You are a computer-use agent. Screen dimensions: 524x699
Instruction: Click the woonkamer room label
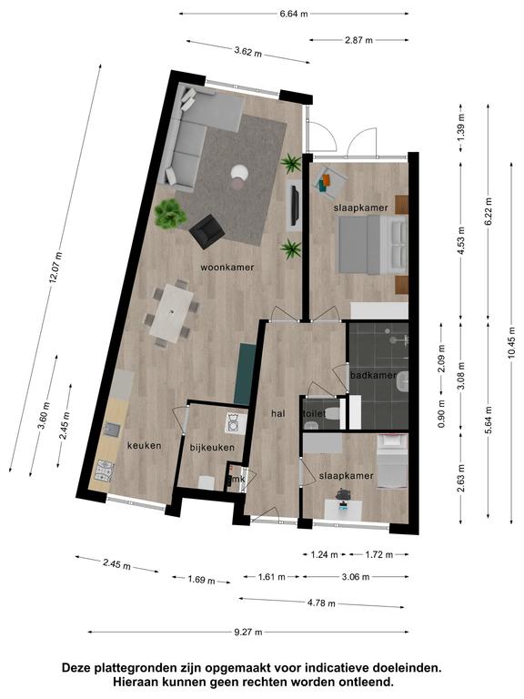[x=227, y=268]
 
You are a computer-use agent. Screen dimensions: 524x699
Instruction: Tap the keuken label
[x=145, y=445]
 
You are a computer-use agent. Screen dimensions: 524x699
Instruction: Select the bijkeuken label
[x=212, y=448]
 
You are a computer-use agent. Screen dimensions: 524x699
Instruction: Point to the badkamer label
[x=373, y=375]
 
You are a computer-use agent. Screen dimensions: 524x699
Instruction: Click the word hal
[x=278, y=414]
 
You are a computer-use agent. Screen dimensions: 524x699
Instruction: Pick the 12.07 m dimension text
[x=55, y=268]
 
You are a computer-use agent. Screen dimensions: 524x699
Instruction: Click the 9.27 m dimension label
[x=248, y=632]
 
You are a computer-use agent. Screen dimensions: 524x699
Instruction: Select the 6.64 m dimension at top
[x=294, y=14]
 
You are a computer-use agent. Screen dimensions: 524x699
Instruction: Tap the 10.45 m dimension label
[x=512, y=343]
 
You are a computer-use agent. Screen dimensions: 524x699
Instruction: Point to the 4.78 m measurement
[x=321, y=603]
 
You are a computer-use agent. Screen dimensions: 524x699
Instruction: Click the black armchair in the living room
[x=207, y=231]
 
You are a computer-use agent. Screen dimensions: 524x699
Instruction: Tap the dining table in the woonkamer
[x=171, y=313]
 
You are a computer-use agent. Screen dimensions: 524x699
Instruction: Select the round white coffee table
[x=240, y=171]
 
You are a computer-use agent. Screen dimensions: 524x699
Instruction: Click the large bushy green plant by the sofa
[x=170, y=214]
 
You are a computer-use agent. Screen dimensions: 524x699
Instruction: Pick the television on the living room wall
[x=295, y=206]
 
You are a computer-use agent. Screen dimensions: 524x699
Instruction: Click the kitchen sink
[x=111, y=430]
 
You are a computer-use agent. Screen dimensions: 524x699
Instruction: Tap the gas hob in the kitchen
[x=105, y=471]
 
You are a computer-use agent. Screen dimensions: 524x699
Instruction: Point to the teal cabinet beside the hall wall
[x=245, y=373]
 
